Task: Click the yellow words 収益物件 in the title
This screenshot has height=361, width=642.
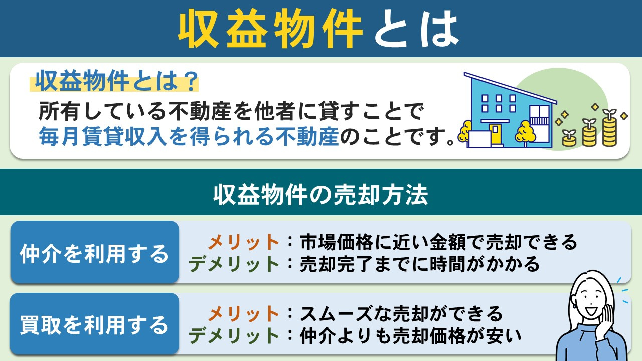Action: pyautogui.click(x=270, y=29)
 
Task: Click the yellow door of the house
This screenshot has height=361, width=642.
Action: pyautogui.click(x=496, y=134)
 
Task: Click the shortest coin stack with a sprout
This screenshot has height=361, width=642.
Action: pyautogui.click(x=569, y=138)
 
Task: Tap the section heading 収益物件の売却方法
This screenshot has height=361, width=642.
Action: pyautogui.click(x=320, y=196)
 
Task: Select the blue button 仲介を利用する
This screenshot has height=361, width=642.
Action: pyautogui.click(x=94, y=254)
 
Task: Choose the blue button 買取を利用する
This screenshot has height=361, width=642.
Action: pyautogui.click(x=94, y=325)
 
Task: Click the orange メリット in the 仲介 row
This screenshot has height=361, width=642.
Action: pyautogui.click(x=244, y=243)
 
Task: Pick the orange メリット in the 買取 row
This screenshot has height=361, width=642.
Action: pyautogui.click(x=244, y=314)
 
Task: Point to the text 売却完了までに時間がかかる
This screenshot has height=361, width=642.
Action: pyautogui.click(x=419, y=264)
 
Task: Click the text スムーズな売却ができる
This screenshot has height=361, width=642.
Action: pyautogui.click(x=401, y=314)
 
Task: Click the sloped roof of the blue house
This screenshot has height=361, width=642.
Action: pyautogui.click(x=509, y=88)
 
